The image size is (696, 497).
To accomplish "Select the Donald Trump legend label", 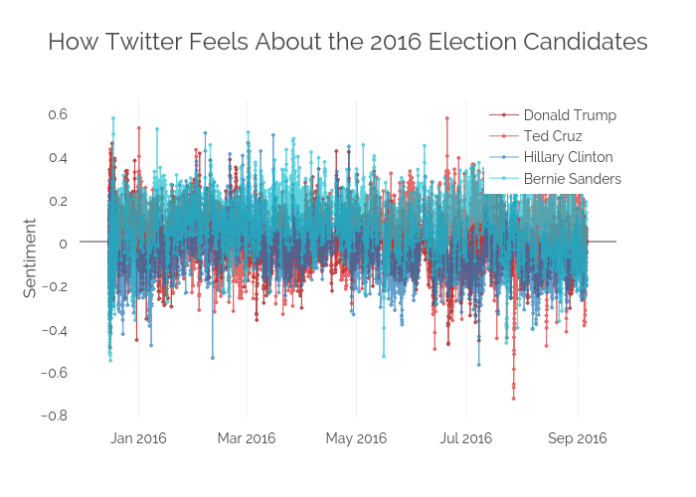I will (570, 115).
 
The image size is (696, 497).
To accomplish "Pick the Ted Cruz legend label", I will (553, 136).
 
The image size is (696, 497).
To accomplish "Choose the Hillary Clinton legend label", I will (568, 157).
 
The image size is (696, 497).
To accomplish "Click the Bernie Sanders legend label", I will (572, 179).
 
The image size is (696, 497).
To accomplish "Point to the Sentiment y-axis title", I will (30, 257).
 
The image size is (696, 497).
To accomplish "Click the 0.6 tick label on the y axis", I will (58, 114).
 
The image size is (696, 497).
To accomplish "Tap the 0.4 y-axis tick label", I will (58, 157).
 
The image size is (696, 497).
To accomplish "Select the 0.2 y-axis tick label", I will (58, 200).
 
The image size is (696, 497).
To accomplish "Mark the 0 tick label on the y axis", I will (63, 244).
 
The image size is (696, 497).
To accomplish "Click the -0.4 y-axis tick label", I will (55, 329).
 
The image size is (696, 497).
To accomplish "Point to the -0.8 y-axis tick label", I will (55, 414).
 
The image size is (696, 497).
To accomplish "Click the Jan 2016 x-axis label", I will (137, 438).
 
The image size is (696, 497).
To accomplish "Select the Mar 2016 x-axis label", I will (247, 438).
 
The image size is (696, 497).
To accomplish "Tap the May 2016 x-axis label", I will (356, 438).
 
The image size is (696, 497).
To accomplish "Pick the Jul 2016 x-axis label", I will (465, 438).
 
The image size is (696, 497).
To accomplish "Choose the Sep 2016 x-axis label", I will (578, 438).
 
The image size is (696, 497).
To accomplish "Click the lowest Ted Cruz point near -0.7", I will (514, 399).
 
